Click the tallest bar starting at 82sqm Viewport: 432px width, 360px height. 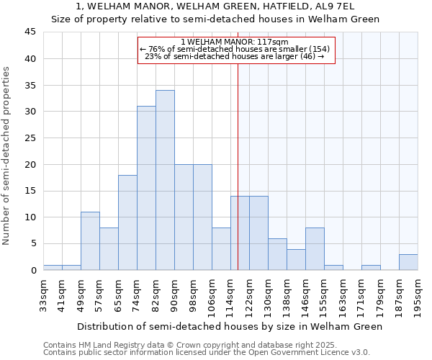pyautogui.click(x=165, y=180)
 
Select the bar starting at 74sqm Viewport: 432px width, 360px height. pyautogui.click(x=146, y=188)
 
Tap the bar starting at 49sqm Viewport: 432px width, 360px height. pyautogui.click(x=90, y=241)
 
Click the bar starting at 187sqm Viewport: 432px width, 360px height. pyautogui.click(x=408, y=262)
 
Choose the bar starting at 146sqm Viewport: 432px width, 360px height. pyautogui.click(x=315, y=249)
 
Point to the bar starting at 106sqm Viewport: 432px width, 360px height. pyautogui.click(x=221, y=249)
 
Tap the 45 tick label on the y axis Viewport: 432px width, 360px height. pyautogui.click(x=30, y=32)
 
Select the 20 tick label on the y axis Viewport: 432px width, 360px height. pyautogui.click(x=30, y=164)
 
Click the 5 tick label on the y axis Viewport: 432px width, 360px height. pyautogui.click(x=32, y=243)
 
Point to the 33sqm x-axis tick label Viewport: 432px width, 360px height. pyautogui.click(x=43, y=294)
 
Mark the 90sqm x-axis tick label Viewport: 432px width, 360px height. pyautogui.click(x=174, y=294)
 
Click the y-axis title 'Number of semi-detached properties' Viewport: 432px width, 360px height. pyautogui.click(x=7, y=156)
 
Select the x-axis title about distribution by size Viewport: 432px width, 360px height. pyautogui.click(x=230, y=326)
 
